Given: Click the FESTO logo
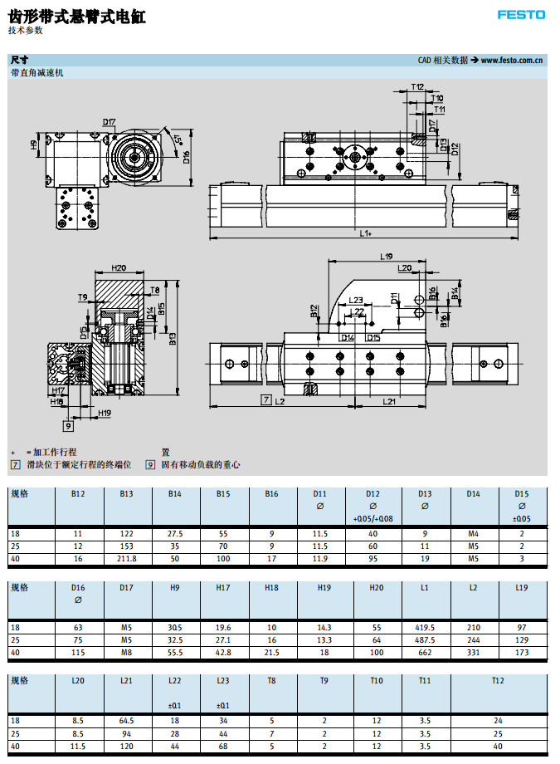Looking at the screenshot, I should (x=521, y=15).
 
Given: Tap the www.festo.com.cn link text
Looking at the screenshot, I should (x=512, y=60).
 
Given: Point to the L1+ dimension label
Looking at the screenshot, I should (x=366, y=233).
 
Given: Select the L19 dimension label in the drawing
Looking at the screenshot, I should (x=387, y=257).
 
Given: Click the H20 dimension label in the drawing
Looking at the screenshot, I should (x=118, y=268).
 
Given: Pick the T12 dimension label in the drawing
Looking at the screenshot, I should (x=417, y=86).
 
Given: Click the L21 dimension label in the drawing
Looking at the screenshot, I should (x=389, y=401).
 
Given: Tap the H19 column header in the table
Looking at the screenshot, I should (x=324, y=587).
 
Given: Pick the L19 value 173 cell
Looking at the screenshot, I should (x=521, y=652).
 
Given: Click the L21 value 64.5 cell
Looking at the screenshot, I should (x=127, y=720).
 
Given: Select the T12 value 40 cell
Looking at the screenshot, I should (x=498, y=745).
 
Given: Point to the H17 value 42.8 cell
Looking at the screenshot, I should (x=223, y=652).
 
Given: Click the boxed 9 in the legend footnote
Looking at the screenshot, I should (x=150, y=465).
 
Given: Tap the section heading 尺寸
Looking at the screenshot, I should (x=19, y=60).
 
